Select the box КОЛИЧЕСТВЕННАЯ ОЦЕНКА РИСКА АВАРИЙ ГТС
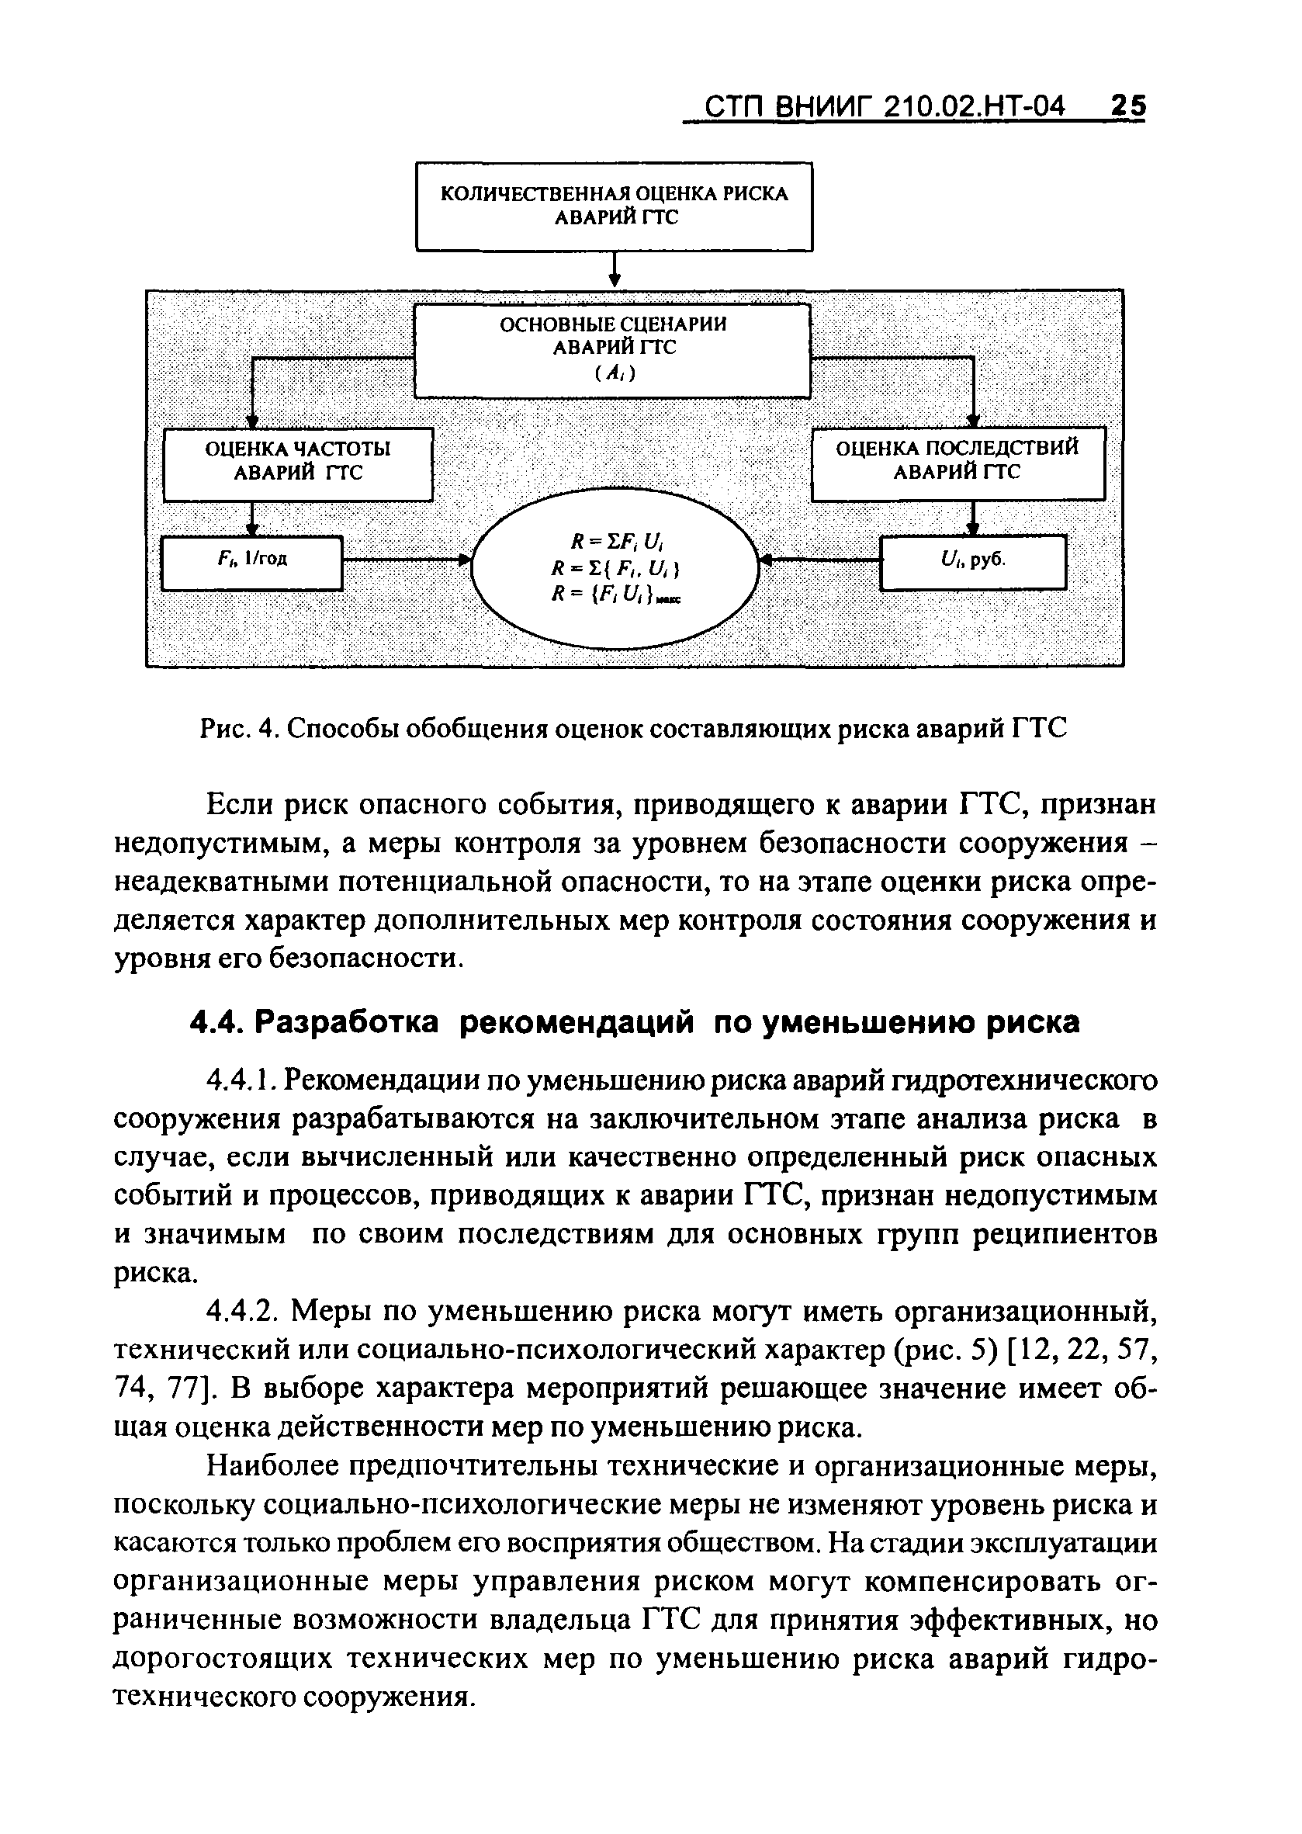pos(614,206)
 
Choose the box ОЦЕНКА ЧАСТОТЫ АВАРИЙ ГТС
pos(297,463)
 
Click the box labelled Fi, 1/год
pos(252,562)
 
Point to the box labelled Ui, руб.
pos(973,561)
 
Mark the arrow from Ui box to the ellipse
pos(819,560)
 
